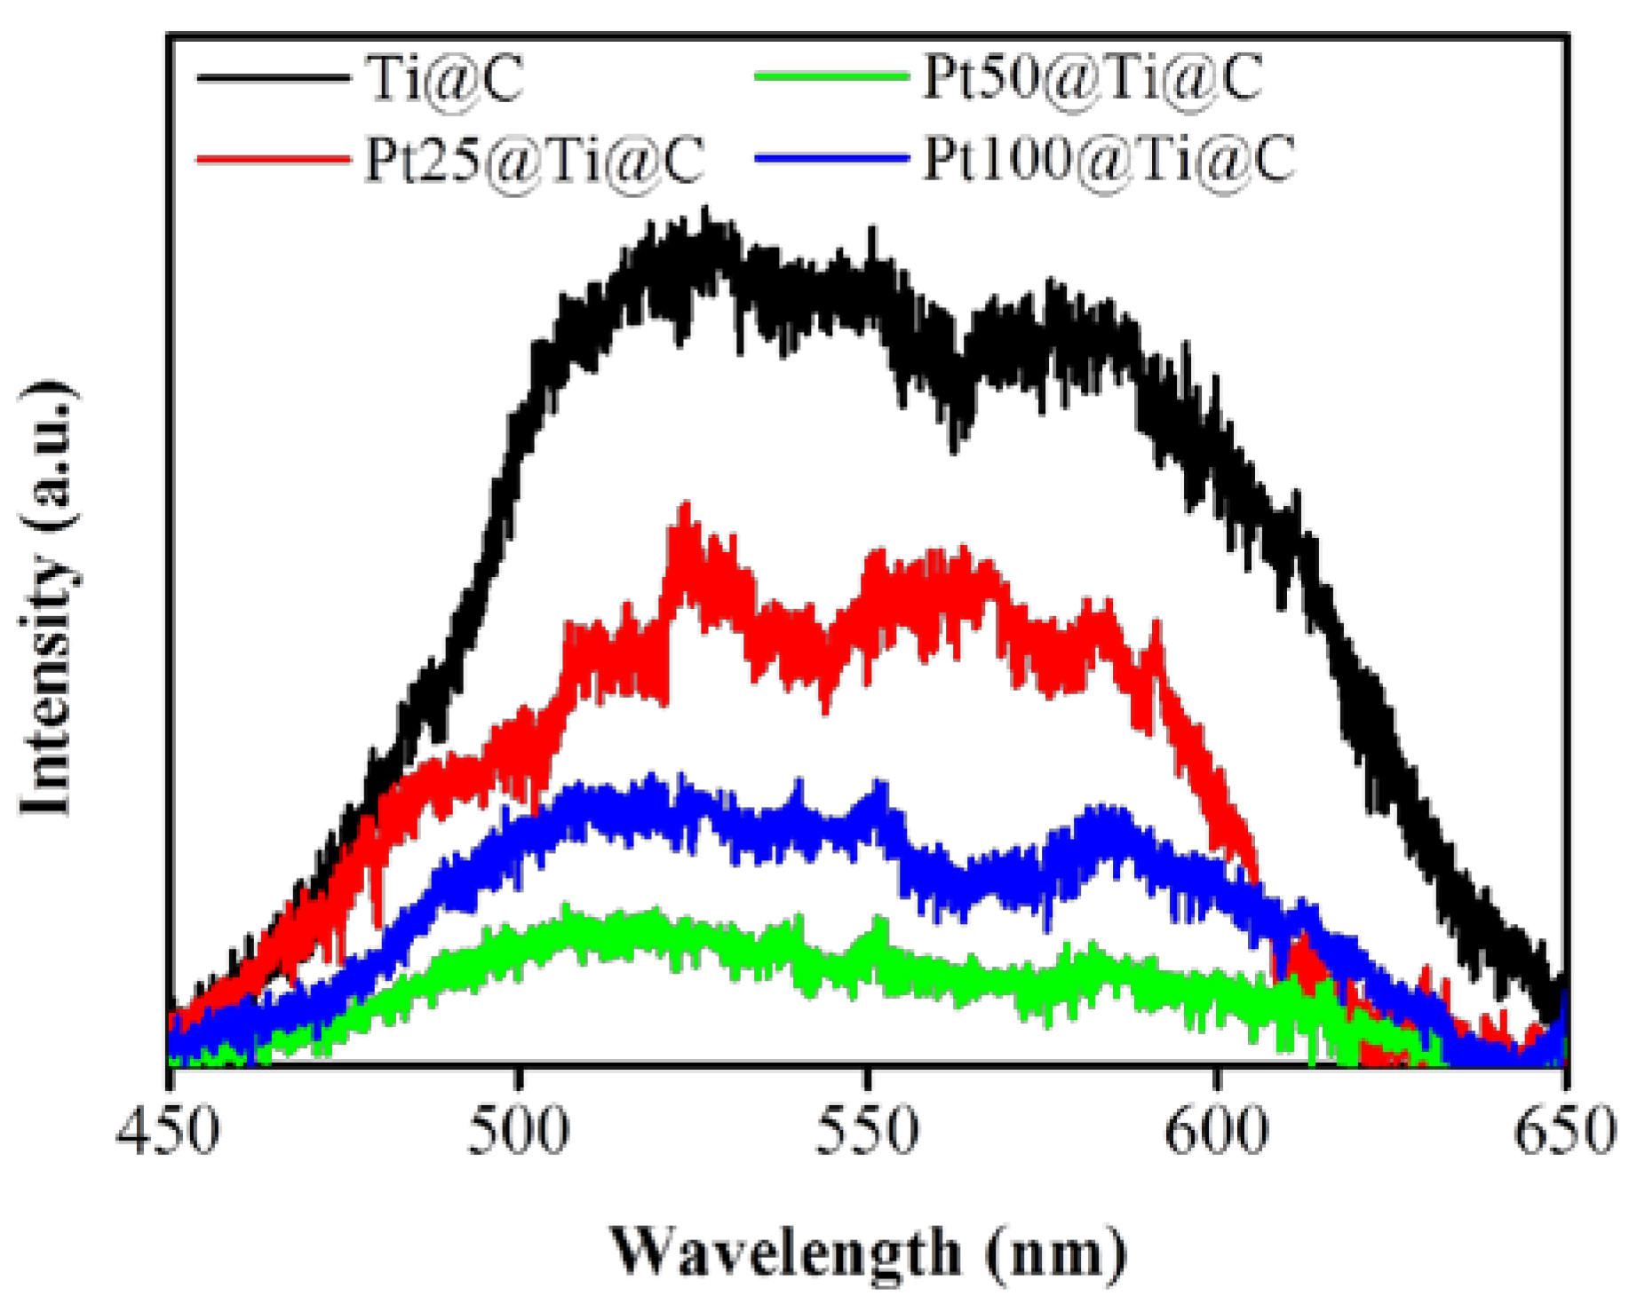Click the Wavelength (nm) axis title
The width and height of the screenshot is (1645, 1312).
click(x=867, y=1253)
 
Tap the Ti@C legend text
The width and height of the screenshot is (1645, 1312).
click(x=444, y=78)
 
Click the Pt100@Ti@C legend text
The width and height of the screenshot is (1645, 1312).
click(x=1109, y=161)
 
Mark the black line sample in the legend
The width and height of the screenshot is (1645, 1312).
click(x=273, y=78)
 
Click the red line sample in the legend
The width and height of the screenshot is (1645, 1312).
click(x=273, y=161)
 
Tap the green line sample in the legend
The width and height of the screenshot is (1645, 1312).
click(x=831, y=76)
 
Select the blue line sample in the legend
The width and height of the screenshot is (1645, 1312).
click(x=831, y=159)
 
